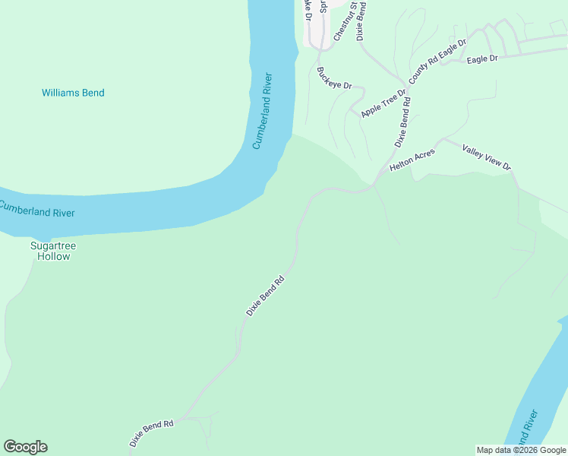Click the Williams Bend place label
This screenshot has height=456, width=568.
pyautogui.click(x=73, y=93)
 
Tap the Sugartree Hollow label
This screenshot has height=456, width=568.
pyautogui.click(x=53, y=251)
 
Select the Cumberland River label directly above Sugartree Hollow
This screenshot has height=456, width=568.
pyautogui.click(x=37, y=209)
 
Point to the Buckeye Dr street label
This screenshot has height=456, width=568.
pyautogui.click(x=334, y=78)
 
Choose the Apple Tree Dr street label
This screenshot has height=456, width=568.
pyautogui.click(x=384, y=101)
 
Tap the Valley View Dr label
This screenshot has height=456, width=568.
pyautogui.click(x=487, y=157)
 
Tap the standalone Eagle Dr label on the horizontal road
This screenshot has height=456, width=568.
pyautogui.click(x=482, y=59)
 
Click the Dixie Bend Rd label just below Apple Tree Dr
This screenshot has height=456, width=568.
pyautogui.click(x=402, y=121)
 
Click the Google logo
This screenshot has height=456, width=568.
pyautogui.click(x=25, y=447)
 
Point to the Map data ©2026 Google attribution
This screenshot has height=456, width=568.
pyautogui.click(x=520, y=450)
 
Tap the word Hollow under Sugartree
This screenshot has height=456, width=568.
pyautogui.click(x=53, y=257)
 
